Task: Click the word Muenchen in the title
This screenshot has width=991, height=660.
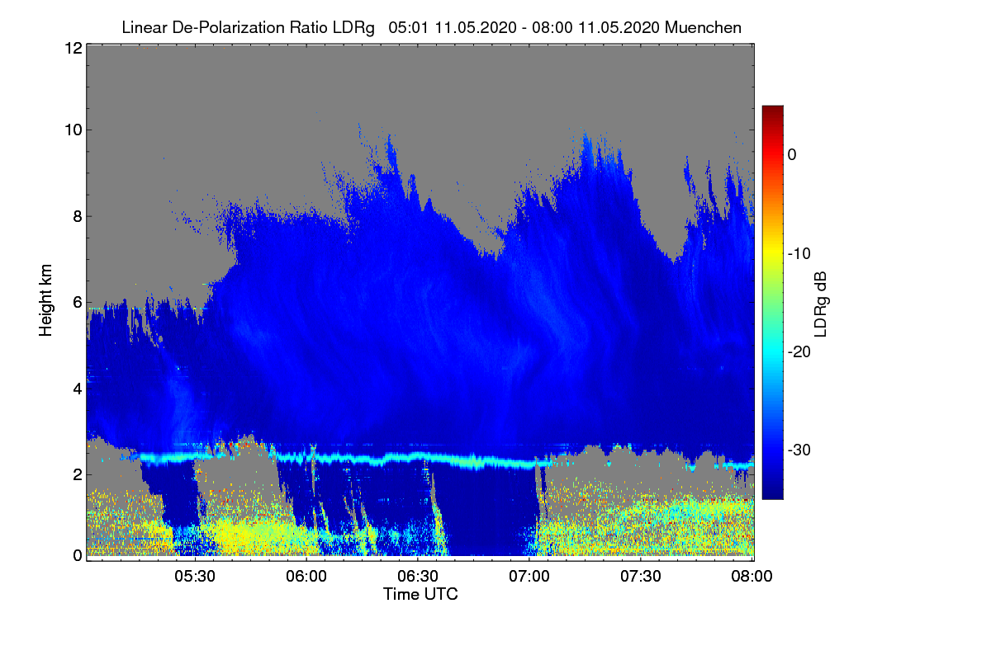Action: point(703,28)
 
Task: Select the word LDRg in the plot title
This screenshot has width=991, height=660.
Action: point(353,28)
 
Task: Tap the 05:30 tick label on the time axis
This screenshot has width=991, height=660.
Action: point(195,577)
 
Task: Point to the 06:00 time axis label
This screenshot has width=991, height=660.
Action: point(306,577)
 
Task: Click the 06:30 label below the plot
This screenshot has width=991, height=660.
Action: point(418,577)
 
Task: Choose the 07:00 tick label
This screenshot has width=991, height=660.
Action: point(529,577)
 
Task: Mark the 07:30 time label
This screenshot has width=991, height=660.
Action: point(641,577)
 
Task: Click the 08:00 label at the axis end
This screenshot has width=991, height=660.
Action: point(752,577)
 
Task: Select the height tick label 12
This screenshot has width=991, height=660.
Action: point(73,48)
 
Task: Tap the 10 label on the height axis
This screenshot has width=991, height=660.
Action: point(73,130)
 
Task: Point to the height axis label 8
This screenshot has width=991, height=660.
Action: point(78,217)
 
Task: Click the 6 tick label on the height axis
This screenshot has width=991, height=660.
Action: point(78,303)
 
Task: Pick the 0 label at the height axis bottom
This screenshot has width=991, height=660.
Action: point(78,556)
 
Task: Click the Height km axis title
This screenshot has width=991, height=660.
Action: point(45,300)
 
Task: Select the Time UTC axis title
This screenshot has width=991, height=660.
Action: point(420,595)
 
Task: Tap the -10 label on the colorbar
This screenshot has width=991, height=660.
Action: point(799,254)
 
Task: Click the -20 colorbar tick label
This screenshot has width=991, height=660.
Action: point(799,352)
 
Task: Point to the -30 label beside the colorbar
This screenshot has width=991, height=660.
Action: point(799,450)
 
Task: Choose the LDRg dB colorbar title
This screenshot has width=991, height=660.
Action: point(821,304)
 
